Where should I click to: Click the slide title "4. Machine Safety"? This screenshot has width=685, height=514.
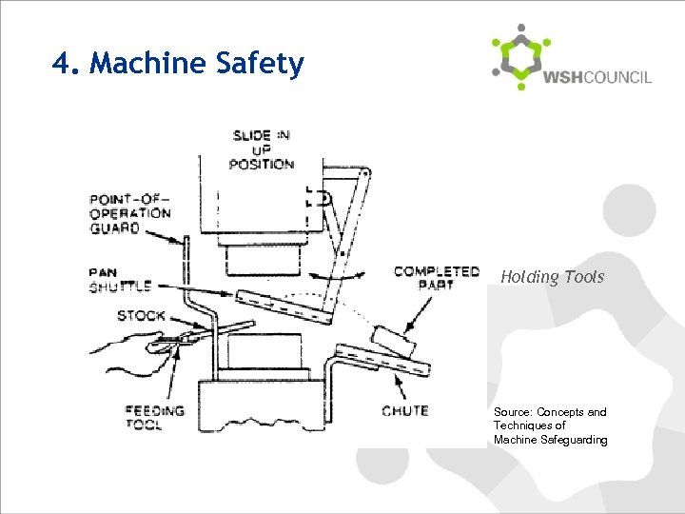pyautogui.click(x=179, y=64)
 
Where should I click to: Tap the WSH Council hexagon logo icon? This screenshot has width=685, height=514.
pyautogui.click(x=519, y=57)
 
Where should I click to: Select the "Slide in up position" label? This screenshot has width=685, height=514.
pyautogui.click(x=262, y=149)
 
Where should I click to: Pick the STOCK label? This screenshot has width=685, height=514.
pyautogui.click(x=140, y=315)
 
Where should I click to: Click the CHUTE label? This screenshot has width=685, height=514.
pyautogui.click(x=404, y=411)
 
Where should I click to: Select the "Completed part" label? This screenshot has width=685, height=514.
pyautogui.click(x=437, y=278)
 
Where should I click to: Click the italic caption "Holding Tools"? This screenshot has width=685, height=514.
pyautogui.click(x=552, y=277)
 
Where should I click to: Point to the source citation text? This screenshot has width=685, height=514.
pyautogui.click(x=550, y=425)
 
